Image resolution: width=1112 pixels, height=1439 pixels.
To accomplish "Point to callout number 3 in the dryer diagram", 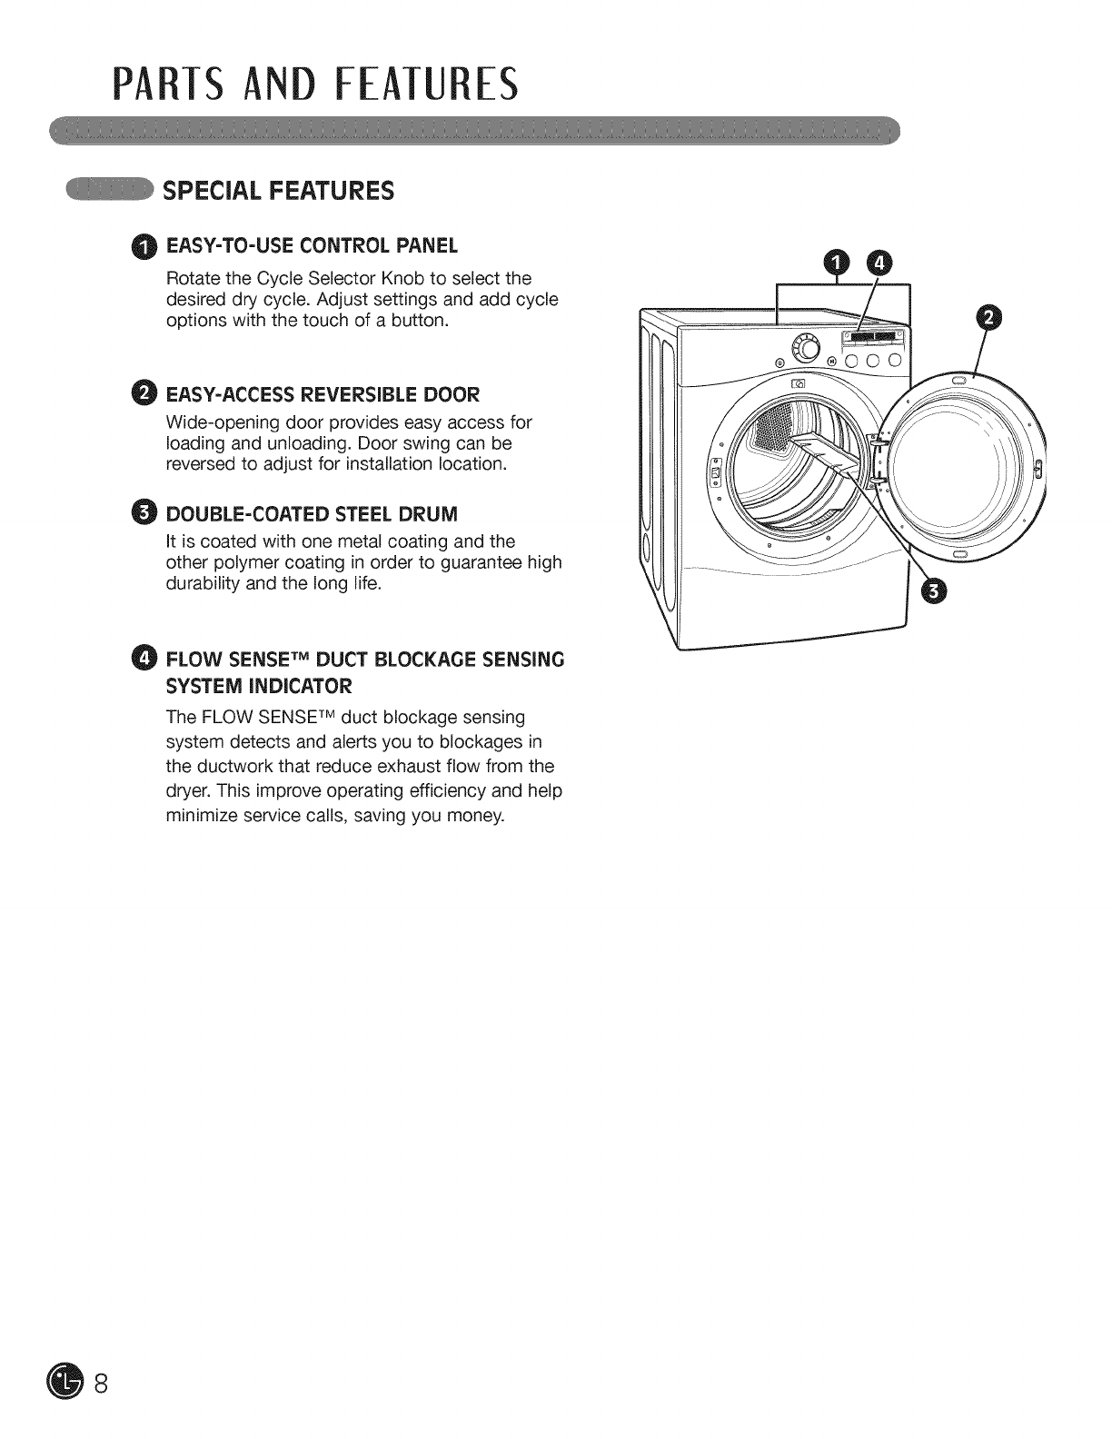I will click(x=933, y=592).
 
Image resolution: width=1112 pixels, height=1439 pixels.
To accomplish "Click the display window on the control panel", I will click(x=872, y=337).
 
